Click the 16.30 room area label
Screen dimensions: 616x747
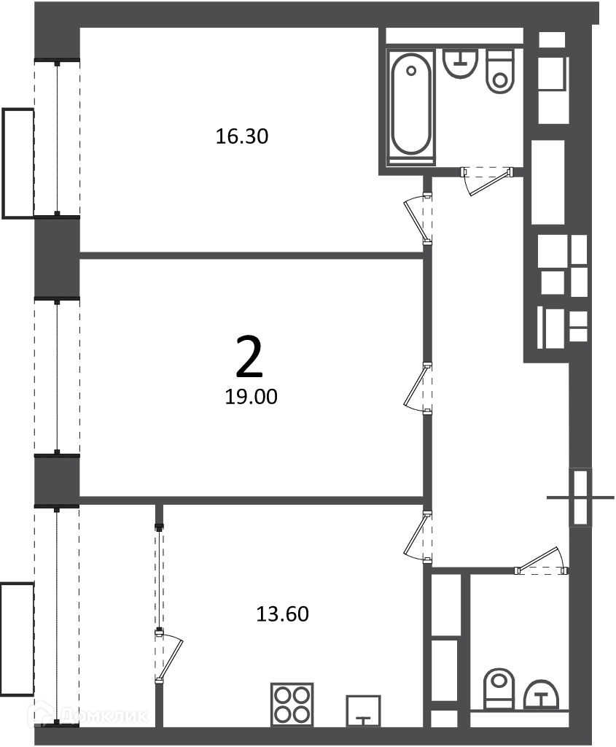point(242,136)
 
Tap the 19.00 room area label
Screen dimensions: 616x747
point(251,396)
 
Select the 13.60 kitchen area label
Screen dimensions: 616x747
point(282,614)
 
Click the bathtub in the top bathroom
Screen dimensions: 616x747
point(412,108)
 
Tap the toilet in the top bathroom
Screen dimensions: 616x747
point(500,71)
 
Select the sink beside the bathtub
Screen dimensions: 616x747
point(461,63)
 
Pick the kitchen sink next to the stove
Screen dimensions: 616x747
point(363,711)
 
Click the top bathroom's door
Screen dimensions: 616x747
point(488,180)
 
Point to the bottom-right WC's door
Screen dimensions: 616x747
point(541,560)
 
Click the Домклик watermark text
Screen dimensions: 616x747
point(90,716)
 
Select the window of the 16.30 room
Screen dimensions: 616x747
point(57,138)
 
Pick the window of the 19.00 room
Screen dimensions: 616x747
point(57,376)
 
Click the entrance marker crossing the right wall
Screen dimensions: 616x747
point(580,498)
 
